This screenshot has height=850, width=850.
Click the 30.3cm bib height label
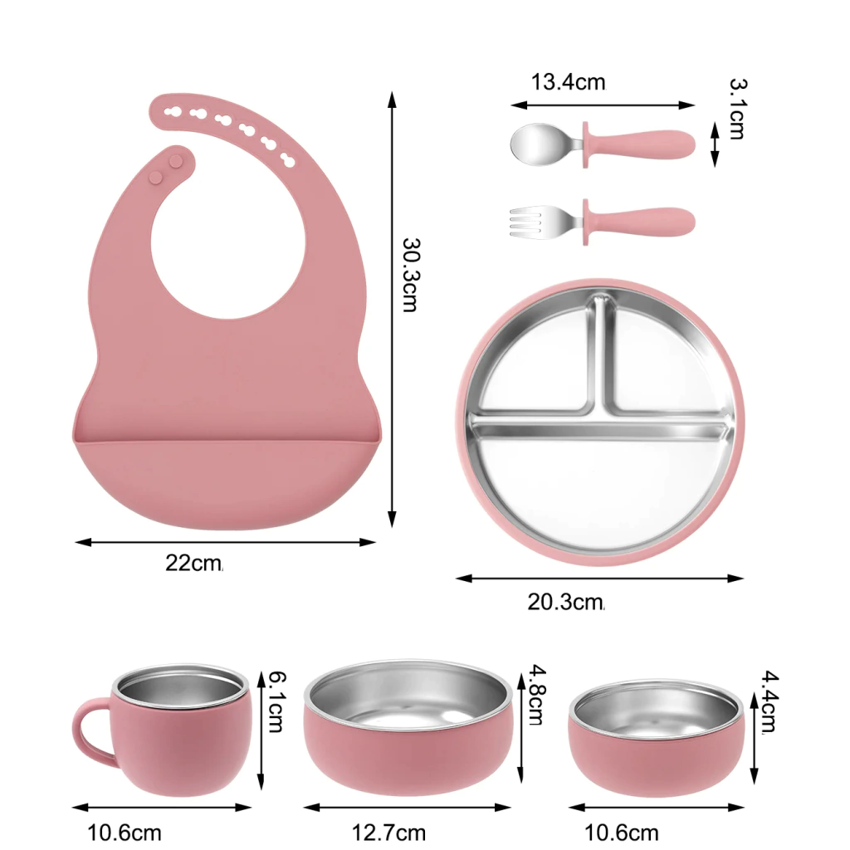(410, 275)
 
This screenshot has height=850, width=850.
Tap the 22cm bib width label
(193, 564)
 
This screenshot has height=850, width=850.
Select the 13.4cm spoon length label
(568, 82)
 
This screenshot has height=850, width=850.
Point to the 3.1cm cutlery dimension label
(737, 109)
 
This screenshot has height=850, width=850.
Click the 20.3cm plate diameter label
(565, 603)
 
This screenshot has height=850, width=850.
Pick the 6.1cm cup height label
(276, 701)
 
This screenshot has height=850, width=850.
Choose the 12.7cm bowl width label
(388, 832)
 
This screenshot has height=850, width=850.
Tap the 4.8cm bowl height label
(537, 695)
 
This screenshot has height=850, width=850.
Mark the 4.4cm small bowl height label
(769, 702)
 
